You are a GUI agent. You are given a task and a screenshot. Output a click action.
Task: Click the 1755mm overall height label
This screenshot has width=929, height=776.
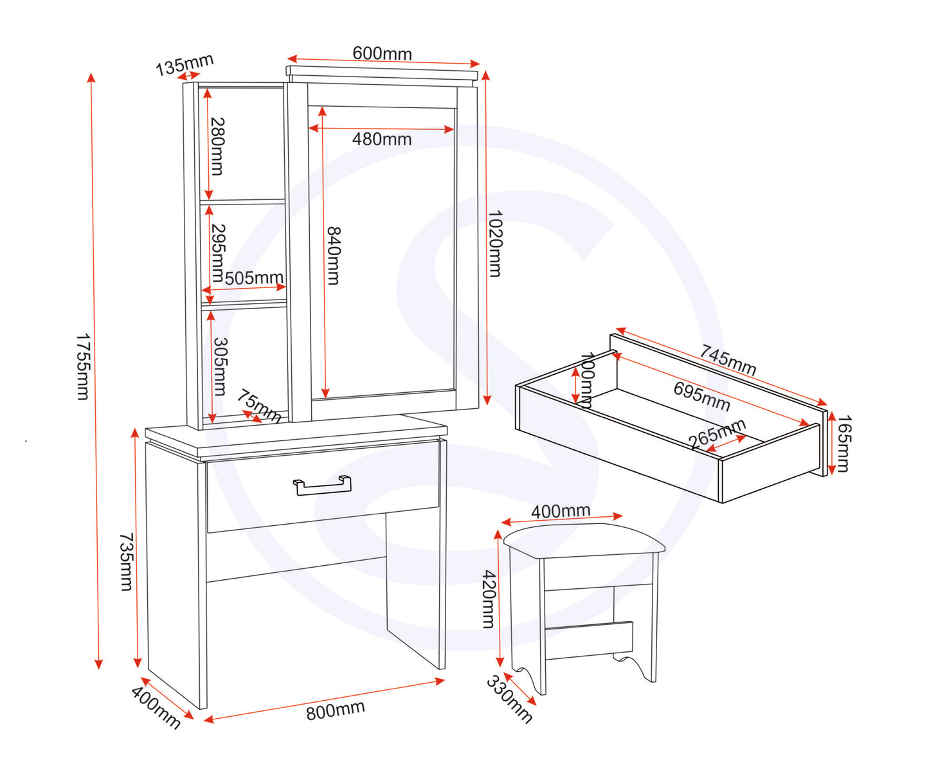[x=83, y=367]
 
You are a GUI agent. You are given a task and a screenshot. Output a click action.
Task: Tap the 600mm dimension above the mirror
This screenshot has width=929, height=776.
[x=382, y=53]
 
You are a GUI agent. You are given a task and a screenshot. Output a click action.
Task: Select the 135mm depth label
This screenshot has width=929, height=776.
[x=185, y=65]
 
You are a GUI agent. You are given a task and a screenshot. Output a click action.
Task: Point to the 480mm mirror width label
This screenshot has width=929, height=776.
[x=382, y=140]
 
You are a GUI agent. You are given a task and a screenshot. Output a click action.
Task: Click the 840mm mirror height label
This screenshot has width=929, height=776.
[x=334, y=255]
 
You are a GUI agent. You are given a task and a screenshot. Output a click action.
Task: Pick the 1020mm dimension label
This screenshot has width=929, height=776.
[x=495, y=244]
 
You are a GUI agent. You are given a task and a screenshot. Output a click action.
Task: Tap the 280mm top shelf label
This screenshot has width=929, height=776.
[x=217, y=147]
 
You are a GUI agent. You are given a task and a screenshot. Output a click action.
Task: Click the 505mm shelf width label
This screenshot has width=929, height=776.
[x=254, y=278]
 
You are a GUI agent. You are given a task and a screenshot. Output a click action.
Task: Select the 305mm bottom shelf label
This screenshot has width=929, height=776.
[x=221, y=366]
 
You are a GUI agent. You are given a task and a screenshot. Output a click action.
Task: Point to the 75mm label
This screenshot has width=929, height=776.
[x=258, y=406]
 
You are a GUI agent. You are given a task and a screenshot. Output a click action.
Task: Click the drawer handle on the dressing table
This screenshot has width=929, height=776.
[x=323, y=485]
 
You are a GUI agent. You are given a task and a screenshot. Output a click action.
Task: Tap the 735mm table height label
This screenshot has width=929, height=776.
[x=127, y=562]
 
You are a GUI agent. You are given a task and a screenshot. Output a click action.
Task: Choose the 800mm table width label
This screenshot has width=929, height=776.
[x=336, y=710]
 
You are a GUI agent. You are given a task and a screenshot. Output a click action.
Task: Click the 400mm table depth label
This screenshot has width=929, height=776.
[x=156, y=708]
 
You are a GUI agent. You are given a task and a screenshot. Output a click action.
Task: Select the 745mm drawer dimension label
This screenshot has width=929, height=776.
[x=728, y=360]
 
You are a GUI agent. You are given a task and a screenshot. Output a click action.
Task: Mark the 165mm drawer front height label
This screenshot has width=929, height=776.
[x=843, y=444]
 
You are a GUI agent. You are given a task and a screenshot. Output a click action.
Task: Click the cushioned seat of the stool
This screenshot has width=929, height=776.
[x=584, y=540]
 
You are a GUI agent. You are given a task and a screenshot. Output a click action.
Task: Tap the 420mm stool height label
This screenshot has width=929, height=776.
[x=489, y=599]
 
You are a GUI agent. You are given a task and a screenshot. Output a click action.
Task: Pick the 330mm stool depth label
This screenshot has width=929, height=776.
[x=509, y=699]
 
